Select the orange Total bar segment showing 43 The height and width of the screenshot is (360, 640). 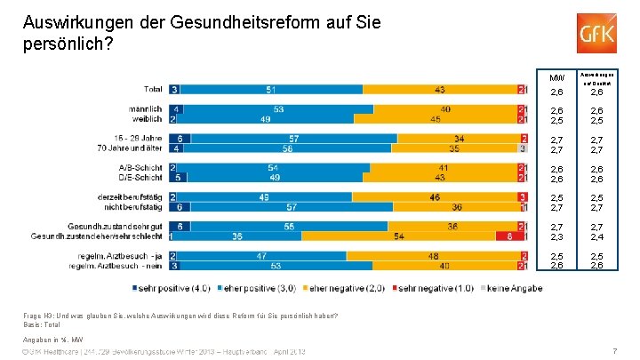tap(441, 90)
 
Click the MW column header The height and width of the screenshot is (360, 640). tap(557, 76)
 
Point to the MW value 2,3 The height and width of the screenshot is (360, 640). tap(557, 236)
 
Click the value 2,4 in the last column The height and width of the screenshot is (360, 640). tap(596, 236)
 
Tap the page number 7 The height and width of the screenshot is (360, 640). tap(614, 351)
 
